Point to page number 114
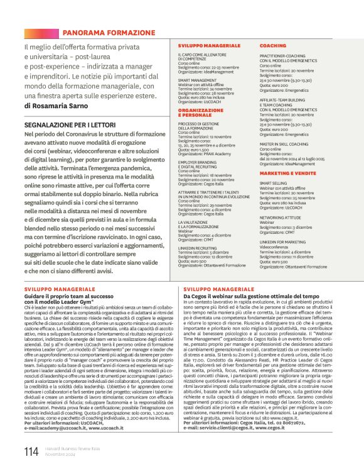[31, 451]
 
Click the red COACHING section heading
[272, 46]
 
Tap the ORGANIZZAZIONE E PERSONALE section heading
[201, 112]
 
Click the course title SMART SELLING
[274, 183]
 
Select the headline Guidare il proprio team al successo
[73, 295]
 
